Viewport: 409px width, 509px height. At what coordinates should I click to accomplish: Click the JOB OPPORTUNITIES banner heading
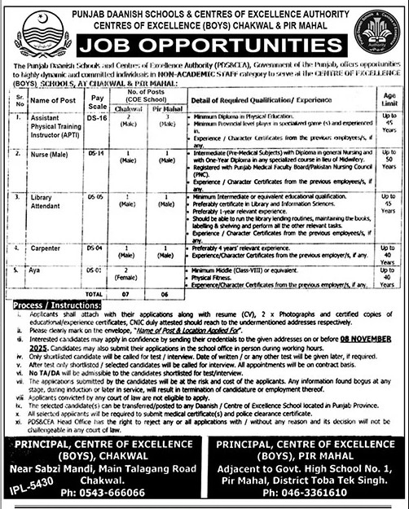204,42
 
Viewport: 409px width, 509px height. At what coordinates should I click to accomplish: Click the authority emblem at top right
380,30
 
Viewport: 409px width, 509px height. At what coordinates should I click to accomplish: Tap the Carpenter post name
48,246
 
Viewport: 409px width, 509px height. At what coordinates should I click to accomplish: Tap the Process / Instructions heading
45,301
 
